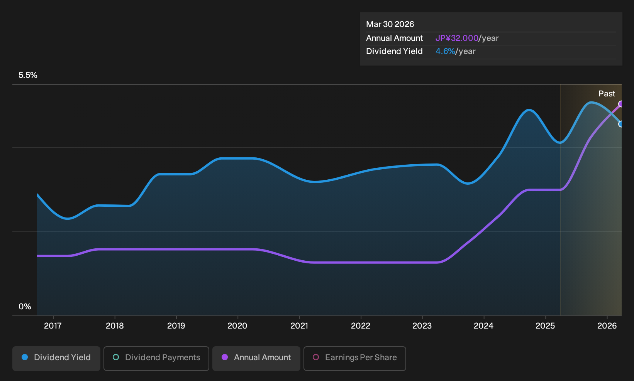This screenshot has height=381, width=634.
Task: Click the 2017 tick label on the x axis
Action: (53, 326)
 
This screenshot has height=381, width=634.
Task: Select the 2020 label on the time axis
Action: (237, 326)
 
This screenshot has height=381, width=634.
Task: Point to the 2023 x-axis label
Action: (422, 326)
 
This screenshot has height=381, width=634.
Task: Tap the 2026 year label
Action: (607, 326)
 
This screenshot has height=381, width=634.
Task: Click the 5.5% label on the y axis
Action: (28, 75)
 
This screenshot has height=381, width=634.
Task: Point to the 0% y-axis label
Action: (25, 307)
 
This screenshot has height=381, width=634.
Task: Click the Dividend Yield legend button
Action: (56, 358)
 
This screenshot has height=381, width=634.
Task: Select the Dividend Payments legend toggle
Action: (156, 358)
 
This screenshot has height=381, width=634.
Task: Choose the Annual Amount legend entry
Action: (256, 358)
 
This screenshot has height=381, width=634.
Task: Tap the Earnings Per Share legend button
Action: (354, 358)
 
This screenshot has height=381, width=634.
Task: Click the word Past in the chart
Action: (607, 94)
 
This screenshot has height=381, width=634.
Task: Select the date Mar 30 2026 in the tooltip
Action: (390, 24)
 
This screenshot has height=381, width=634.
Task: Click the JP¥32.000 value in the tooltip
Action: (457, 38)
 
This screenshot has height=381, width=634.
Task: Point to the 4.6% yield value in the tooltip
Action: (445, 51)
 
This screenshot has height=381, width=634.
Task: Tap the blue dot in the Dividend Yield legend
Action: (25, 357)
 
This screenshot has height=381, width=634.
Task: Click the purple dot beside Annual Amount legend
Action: (225, 357)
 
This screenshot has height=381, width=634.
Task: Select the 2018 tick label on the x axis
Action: (115, 326)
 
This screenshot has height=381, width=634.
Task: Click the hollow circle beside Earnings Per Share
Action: (316, 357)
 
